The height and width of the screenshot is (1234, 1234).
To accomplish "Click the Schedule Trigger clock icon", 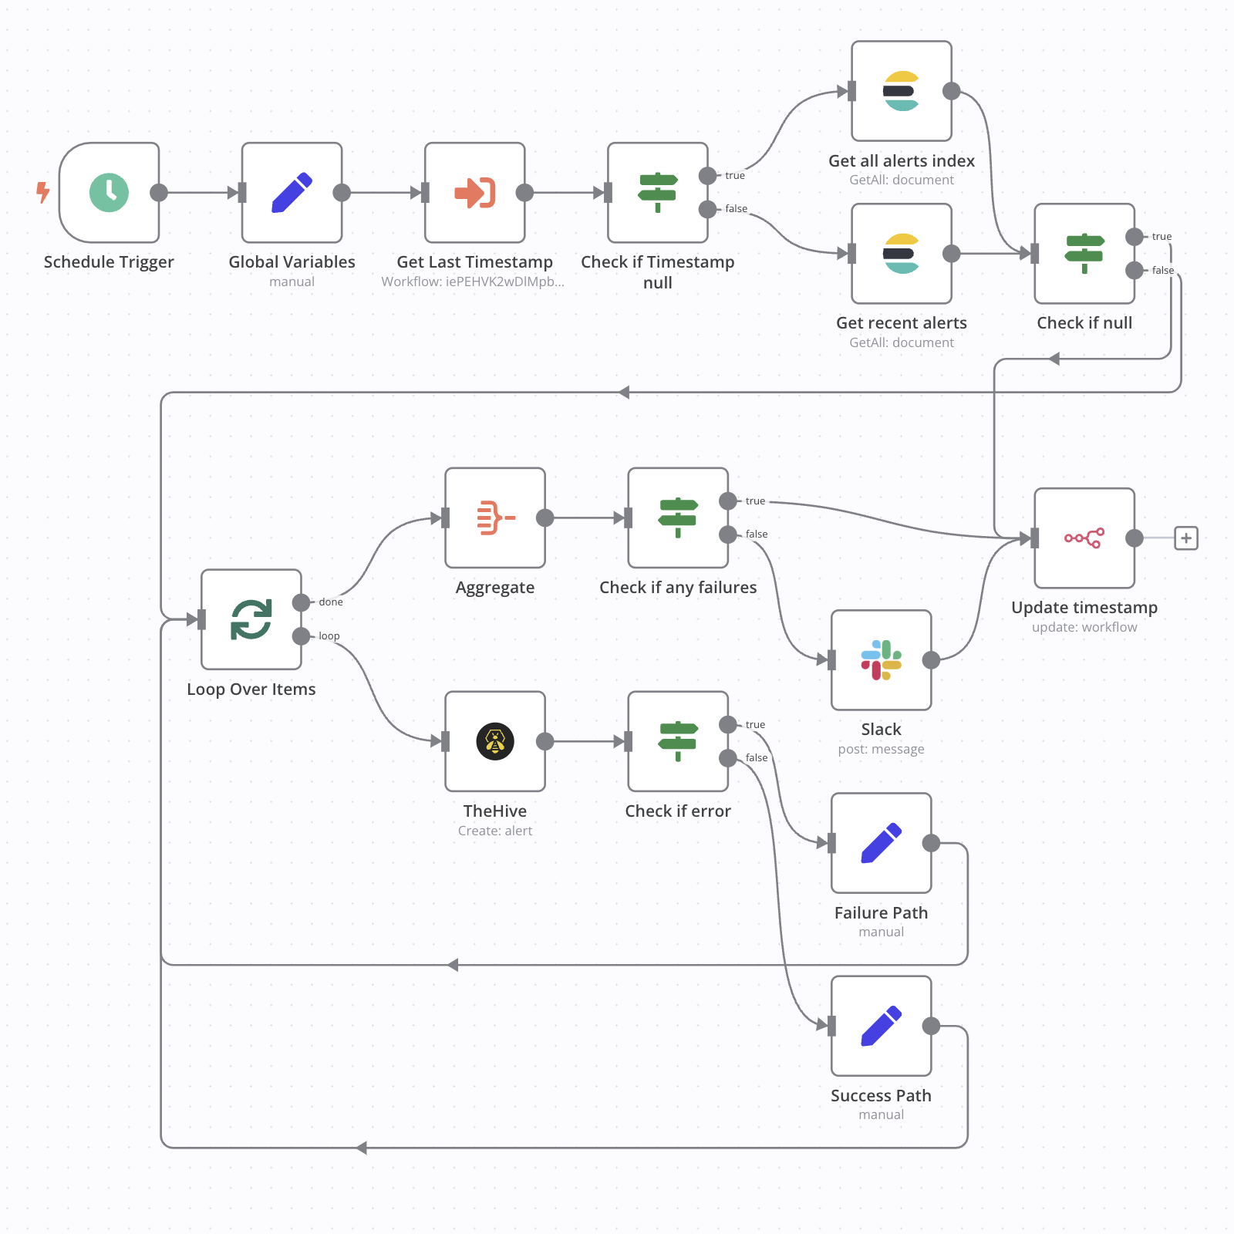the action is click(109, 192).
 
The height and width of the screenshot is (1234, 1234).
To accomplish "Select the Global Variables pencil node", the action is click(292, 192).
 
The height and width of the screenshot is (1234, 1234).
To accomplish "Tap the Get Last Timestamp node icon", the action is click(474, 192).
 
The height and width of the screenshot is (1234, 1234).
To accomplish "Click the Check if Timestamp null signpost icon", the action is click(657, 192).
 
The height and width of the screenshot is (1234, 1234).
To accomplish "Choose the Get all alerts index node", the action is click(902, 91).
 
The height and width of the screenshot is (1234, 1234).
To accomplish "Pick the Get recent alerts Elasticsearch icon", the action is click(902, 254).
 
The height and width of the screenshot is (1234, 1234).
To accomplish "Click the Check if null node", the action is click(1084, 254).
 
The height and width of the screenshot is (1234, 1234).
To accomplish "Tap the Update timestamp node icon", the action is click(1084, 538).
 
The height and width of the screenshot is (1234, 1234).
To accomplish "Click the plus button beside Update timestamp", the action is click(1186, 538).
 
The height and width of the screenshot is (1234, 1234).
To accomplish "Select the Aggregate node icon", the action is click(495, 518).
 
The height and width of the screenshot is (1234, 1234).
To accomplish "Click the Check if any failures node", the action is click(678, 518).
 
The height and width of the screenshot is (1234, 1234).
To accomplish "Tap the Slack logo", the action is click(882, 660).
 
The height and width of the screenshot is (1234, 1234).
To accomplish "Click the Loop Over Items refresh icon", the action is click(251, 619).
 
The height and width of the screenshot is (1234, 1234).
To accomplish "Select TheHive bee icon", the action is click(495, 741).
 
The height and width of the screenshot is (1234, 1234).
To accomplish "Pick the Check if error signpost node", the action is click(678, 741).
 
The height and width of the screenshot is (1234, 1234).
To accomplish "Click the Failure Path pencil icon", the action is click(882, 843).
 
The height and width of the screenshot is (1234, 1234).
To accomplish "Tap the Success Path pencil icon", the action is click(882, 1026).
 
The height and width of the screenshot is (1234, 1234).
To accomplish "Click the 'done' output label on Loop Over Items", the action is click(331, 602).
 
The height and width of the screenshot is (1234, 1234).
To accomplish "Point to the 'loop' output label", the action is click(329, 636).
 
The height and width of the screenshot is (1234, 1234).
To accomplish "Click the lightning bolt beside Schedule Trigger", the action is click(43, 192).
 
